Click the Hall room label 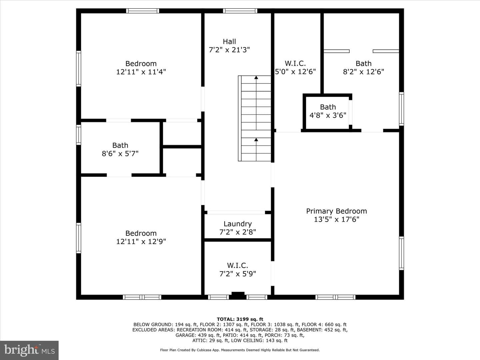(229, 42)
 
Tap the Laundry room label (237, 224)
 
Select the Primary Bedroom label (336, 211)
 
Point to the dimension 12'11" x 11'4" (141, 72)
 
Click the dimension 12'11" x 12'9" (141, 242)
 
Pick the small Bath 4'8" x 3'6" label (328, 111)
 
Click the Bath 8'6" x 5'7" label (120, 150)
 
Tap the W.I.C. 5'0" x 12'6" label (295, 68)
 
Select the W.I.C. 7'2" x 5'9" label (237, 270)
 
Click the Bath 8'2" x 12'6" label (363, 68)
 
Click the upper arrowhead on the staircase (256, 77)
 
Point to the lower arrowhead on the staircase (256, 139)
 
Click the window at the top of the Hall (240, 11)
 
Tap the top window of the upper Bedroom (143, 11)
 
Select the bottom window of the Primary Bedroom (335, 297)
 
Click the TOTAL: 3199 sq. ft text (240, 319)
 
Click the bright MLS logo (29, 350)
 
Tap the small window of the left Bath (79, 135)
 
